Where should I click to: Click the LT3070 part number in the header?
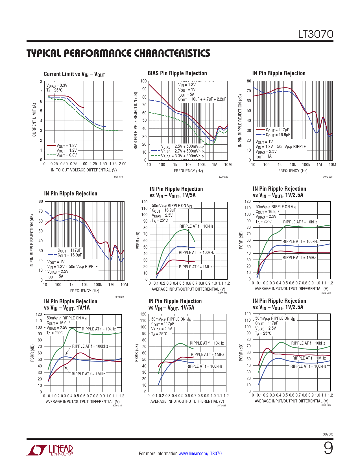[x=316, y=34]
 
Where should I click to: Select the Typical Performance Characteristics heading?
[x=118, y=53]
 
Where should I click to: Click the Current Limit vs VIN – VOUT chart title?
[x=74, y=74]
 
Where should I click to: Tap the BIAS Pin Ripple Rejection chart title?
[x=177, y=73]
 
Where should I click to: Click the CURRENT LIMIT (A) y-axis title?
[x=34, y=120]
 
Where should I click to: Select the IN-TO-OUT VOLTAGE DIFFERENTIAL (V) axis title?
[x=84, y=170]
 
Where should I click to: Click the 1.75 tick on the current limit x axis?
[x=113, y=164]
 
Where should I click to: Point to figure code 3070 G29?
[x=223, y=177]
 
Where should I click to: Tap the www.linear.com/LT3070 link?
[x=200, y=454]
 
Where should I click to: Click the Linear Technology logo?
[x=50, y=450]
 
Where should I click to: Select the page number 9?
[x=328, y=448]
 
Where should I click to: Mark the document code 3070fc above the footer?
[x=328, y=434]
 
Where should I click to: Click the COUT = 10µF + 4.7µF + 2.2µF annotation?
[x=202, y=99]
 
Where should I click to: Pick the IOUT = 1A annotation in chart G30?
[x=263, y=156]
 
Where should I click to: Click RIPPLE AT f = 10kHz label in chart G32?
[x=196, y=226]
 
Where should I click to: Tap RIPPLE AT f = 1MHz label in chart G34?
[x=88, y=374]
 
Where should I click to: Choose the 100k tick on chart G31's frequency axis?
[x=98, y=285]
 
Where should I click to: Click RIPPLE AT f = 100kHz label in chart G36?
[x=308, y=366]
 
